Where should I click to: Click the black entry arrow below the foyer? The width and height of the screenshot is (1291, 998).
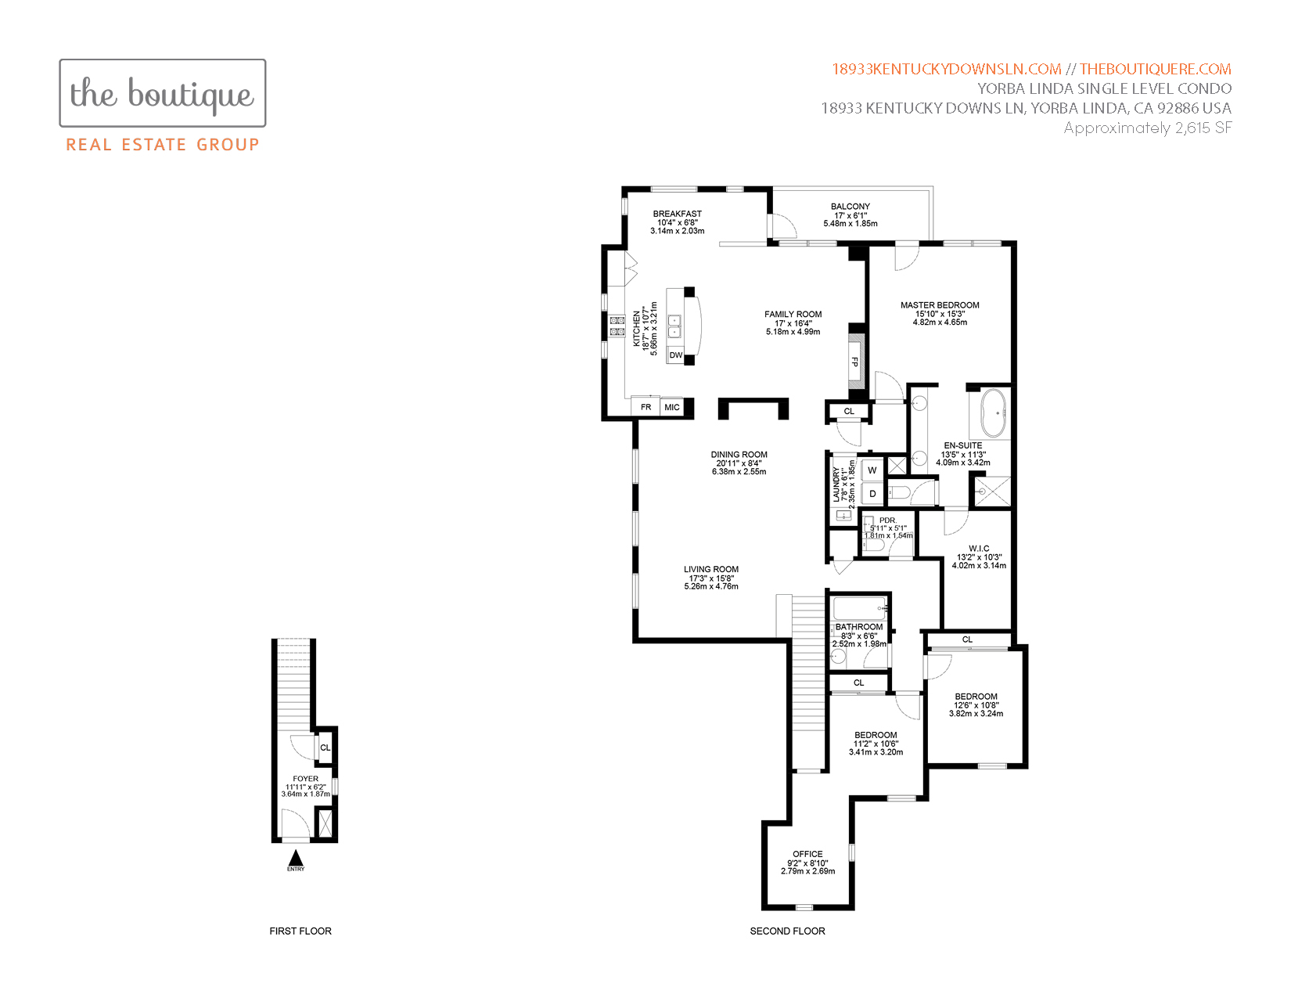click(296, 858)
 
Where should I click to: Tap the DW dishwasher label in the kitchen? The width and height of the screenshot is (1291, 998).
click(675, 355)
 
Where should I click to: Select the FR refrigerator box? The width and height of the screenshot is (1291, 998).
click(645, 407)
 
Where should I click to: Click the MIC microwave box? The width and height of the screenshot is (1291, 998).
click(672, 407)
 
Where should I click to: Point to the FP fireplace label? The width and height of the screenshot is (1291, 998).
click(855, 362)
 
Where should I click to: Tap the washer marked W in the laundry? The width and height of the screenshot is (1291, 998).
click(872, 470)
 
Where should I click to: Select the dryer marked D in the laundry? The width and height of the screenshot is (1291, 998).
click(872, 493)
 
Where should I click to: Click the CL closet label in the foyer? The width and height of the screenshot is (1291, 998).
click(325, 748)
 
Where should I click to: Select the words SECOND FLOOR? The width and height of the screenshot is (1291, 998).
click(787, 931)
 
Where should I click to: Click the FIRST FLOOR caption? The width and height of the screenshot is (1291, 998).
click(300, 931)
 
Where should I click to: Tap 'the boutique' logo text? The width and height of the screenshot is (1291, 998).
click(162, 94)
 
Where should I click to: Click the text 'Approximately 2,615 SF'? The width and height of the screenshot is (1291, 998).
click(1147, 128)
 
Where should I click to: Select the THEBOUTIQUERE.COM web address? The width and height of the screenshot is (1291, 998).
click(1156, 69)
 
